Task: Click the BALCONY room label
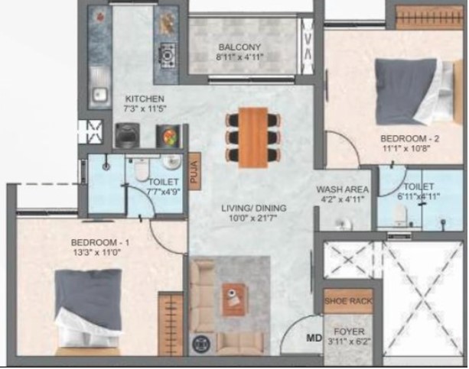click(x=239, y=47)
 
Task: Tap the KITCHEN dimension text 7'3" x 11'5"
click(x=145, y=108)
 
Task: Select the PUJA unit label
click(x=194, y=172)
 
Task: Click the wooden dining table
click(x=253, y=138)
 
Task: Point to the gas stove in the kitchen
click(x=167, y=56)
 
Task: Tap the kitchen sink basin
click(x=99, y=95)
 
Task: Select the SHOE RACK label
click(x=348, y=301)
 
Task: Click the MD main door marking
click(x=314, y=338)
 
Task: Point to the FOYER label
click(x=349, y=332)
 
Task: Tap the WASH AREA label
click(x=342, y=189)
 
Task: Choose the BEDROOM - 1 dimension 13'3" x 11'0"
click(x=96, y=253)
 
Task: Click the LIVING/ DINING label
click(x=254, y=209)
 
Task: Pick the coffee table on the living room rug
click(x=235, y=299)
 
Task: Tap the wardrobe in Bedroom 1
click(x=171, y=324)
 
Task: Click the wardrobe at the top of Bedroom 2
click(x=429, y=18)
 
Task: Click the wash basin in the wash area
click(x=343, y=224)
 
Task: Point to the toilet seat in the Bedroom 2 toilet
click(x=399, y=215)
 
